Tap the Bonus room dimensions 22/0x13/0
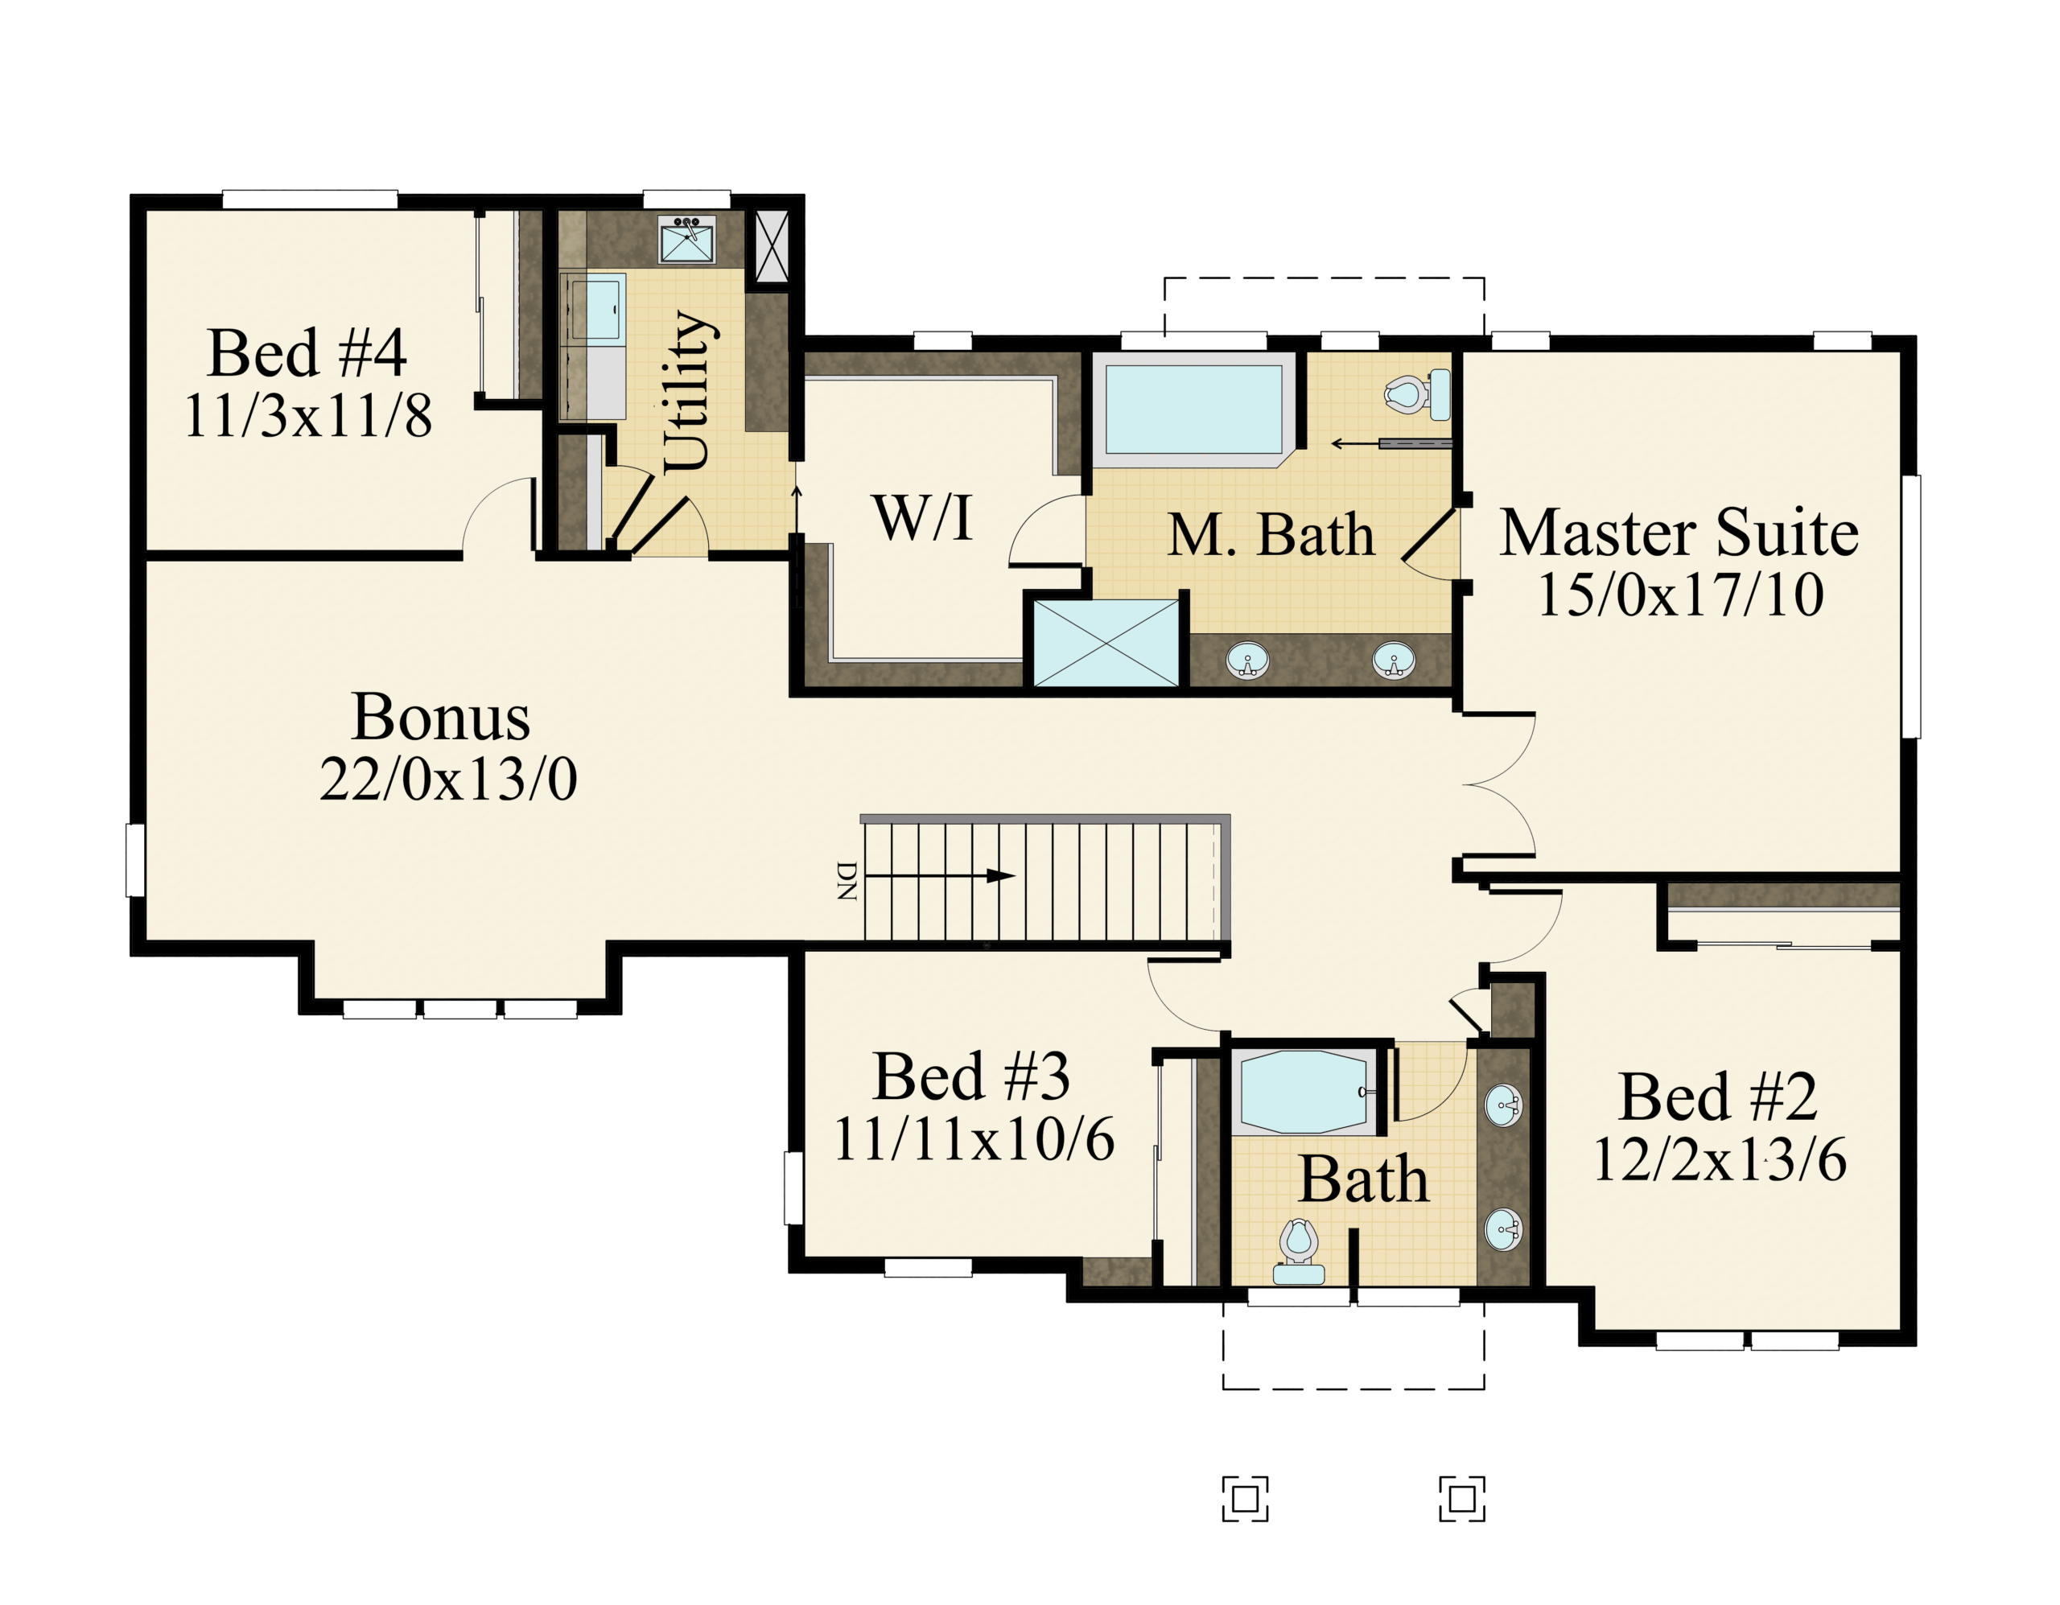[x=448, y=779]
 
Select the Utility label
[x=688, y=390]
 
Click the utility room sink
[x=688, y=240]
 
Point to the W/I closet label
[x=924, y=518]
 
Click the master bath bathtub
[x=1194, y=410]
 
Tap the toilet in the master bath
[x=1418, y=394]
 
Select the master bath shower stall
[x=1106, y=642]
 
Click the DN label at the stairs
[x=847, y=881]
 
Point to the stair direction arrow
[x=939, y=876]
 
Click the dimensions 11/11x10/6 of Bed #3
[x=974, y=1139]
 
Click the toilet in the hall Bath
[x=1299, y=1251]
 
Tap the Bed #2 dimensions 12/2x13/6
[x=1720, y=1159]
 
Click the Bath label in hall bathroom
[x=1363, y=1179]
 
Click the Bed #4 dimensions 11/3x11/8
[x=307, y=415]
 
